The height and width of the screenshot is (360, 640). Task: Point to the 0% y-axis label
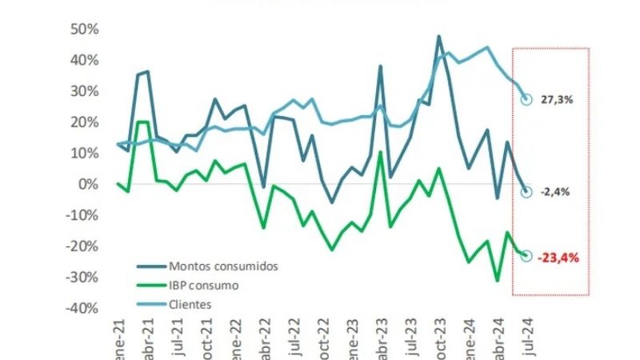point(88,184)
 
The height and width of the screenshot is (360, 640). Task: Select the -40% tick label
point(82,308)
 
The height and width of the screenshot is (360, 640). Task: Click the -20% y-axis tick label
point(82,246)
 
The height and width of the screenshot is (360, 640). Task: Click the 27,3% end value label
point(557,100)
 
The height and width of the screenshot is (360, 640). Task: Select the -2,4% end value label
point(555,192)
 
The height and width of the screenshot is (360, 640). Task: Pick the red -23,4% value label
point(558,258)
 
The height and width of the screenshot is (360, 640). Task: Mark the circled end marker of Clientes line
point(526,100)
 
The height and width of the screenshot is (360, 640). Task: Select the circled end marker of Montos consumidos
point(526,192)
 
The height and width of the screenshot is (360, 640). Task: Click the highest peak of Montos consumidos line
point(439,36)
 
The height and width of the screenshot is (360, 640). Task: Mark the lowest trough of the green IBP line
point(497,281)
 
